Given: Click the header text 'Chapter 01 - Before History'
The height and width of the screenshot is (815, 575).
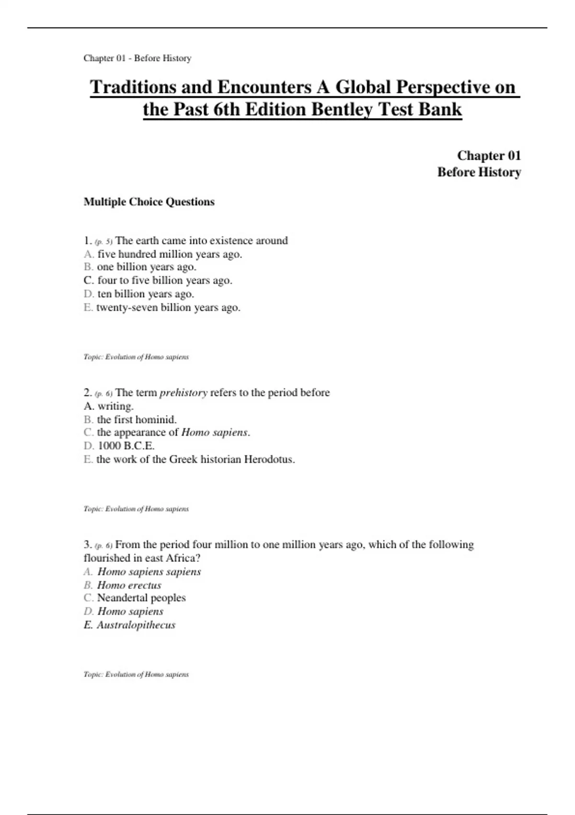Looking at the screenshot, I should [x=137, y=58].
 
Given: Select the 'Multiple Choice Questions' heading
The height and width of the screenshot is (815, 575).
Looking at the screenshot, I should [x=149, y=202].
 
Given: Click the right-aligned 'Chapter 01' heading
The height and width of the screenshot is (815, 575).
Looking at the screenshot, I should [x=488, y=155].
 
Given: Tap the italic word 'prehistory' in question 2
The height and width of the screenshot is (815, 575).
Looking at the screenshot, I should [x=184, y=393].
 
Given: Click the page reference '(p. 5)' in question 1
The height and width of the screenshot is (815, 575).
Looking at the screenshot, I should [x=103, y=242].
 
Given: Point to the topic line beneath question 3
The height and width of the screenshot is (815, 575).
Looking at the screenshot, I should [x=136, y=674].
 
